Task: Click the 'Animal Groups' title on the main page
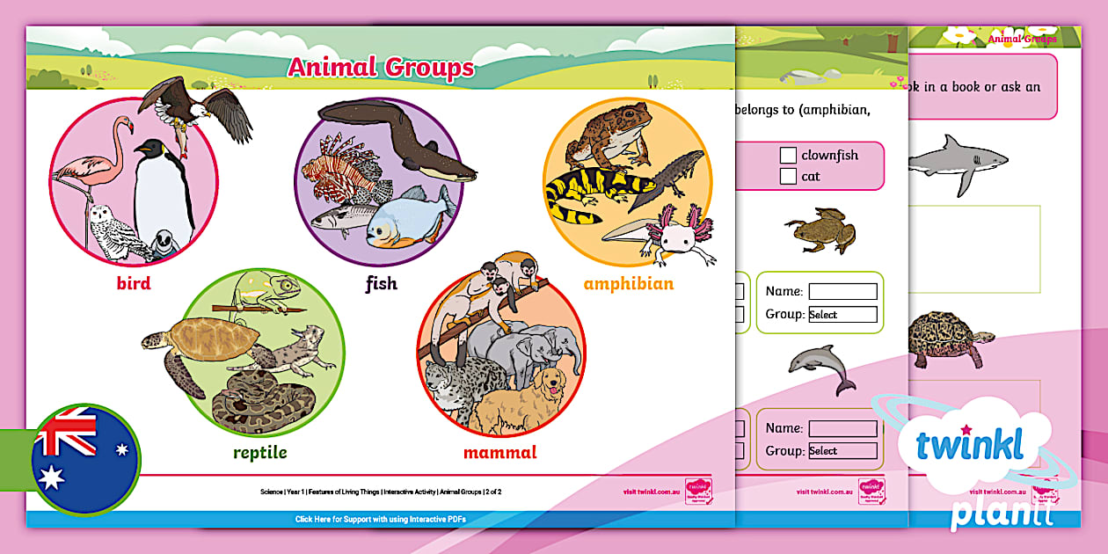(380, 68)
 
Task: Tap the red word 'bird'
(134, 283)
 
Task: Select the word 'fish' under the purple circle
(381, 283)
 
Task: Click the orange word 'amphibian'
(628, 283)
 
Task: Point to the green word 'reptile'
(260, 453)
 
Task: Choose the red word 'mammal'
(499, 453)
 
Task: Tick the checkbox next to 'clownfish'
(788, 156)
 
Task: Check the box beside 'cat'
(788, 177)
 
